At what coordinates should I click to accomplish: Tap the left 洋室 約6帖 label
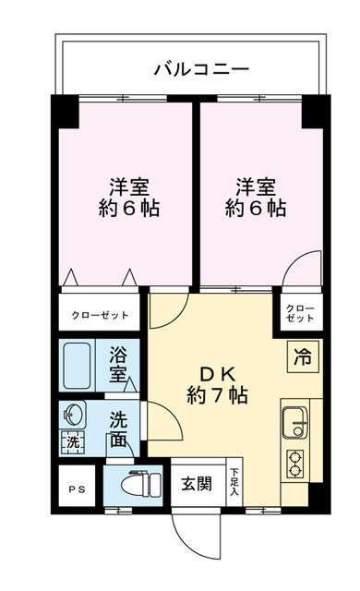tap(129, 195)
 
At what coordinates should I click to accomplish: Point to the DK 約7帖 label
tap(216, 385)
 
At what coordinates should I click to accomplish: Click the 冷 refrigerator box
tap(302, 352)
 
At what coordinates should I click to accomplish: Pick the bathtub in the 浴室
tap(77, 365)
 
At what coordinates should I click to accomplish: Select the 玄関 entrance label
tap(196, 482)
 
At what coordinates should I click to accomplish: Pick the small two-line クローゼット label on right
tap(299, 312)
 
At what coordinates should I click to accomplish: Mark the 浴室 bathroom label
tap(119, 363)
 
